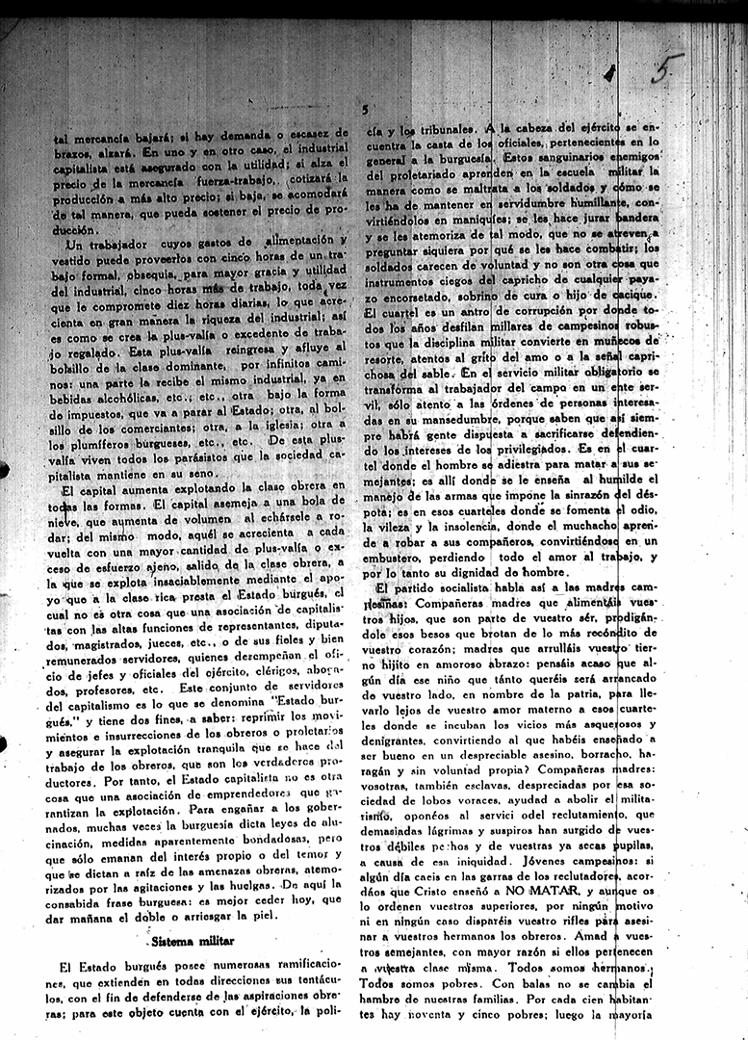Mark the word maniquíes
coord(465,220)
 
